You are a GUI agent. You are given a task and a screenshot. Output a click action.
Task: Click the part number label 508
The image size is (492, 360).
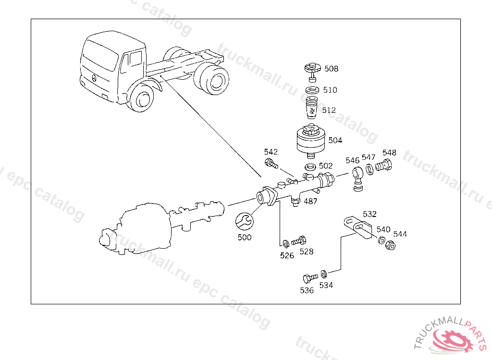[331, 69]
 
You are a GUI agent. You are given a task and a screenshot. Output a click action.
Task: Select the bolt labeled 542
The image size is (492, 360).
[271, 163]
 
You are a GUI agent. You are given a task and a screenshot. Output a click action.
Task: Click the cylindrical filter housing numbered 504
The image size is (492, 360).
[310, 140]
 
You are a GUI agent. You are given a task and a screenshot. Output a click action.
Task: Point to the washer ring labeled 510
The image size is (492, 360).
[313, 90]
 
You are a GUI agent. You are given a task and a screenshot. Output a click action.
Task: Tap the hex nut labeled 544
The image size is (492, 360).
[391, 245]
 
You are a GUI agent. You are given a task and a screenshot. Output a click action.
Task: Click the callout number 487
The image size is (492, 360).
[310, 202]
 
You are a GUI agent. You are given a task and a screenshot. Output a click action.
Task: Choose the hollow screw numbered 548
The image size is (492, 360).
[384, 166]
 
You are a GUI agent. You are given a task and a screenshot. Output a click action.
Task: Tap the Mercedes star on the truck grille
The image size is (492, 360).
[94, 77]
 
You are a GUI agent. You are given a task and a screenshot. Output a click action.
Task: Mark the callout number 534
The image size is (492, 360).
[326, 285]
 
